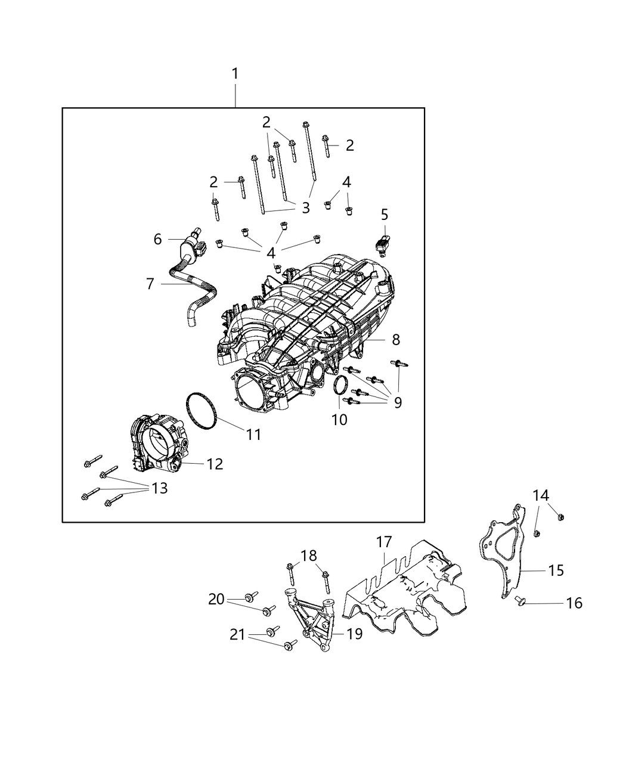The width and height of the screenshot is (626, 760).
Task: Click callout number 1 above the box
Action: [235, 74]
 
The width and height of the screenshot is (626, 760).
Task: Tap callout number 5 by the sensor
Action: [384, 214]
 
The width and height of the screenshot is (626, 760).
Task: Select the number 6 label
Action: [157, 239]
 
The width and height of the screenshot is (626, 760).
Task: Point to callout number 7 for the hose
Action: [150, 284]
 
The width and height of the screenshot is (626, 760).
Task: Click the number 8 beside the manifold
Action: [395, 340]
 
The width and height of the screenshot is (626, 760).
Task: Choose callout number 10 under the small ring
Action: [339, 420]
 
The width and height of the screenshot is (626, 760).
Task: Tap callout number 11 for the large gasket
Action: [254, 435]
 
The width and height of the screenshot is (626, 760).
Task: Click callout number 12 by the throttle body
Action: [215, 463]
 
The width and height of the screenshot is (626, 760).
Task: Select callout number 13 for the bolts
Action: [160, 488]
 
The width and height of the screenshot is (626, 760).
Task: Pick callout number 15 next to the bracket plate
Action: [556, 570]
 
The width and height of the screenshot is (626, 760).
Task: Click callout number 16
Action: [574, 603]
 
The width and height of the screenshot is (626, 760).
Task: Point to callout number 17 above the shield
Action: [384, 542]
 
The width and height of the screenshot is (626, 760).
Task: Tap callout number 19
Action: [354, 634]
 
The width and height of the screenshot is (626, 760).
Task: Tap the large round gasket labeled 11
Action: [200, 411]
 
